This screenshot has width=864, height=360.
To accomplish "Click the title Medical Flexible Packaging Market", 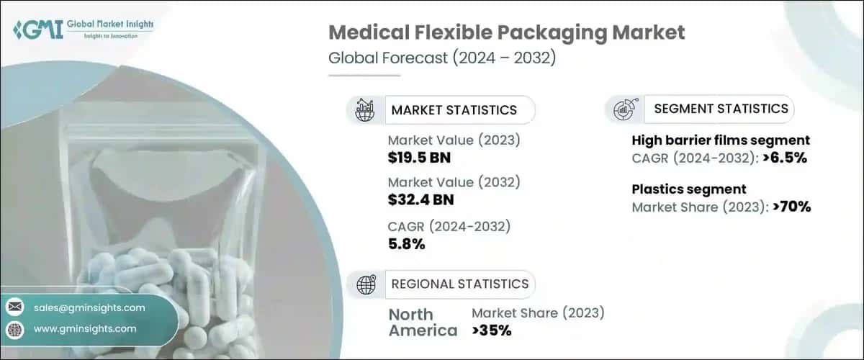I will tap(507, 32).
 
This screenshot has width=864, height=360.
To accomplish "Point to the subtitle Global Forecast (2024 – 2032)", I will tap(441, 59).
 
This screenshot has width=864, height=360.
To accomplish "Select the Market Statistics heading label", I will tap(454, 110).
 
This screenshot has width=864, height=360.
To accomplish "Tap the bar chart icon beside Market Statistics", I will tap(364, 110).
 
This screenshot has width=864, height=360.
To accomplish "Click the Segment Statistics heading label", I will tap(721, 109).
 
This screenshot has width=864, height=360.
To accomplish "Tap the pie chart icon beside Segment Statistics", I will tap(624, 109).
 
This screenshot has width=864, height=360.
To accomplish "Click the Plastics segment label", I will tap(689, 189).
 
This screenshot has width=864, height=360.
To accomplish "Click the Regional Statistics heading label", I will tap(459, 284).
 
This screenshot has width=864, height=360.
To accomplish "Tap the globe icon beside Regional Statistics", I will tap(366, 284).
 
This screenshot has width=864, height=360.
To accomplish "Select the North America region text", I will tap(423, 323).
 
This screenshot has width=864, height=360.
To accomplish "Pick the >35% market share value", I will tap(492, 330).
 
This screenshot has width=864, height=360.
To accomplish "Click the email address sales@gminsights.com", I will tap(89, 307).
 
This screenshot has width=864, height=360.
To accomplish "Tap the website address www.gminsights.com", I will tap(85, 329).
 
